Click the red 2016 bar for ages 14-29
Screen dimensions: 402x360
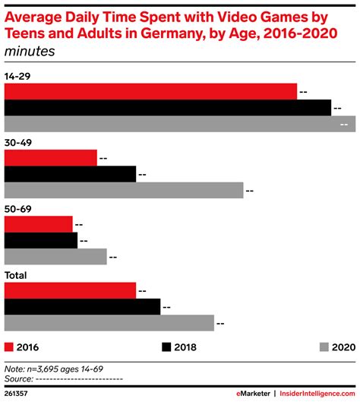click(150, 91)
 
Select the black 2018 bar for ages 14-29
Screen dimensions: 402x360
click(168, 108)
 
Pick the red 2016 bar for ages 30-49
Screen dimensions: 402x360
click(51, 158)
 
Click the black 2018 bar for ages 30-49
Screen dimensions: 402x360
click(71, 174)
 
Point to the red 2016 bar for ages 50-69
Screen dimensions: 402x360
click(39, 224)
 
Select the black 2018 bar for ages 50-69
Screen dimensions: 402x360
click(41, 241)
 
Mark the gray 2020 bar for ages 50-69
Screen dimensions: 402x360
click(55, 257)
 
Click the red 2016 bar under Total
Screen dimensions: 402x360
click(71, 290)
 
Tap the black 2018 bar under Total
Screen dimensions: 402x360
click(82, 307)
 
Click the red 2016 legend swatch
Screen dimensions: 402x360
click(9, 347)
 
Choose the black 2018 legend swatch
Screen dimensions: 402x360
click(166, 347)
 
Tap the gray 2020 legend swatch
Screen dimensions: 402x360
click(324, 347)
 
